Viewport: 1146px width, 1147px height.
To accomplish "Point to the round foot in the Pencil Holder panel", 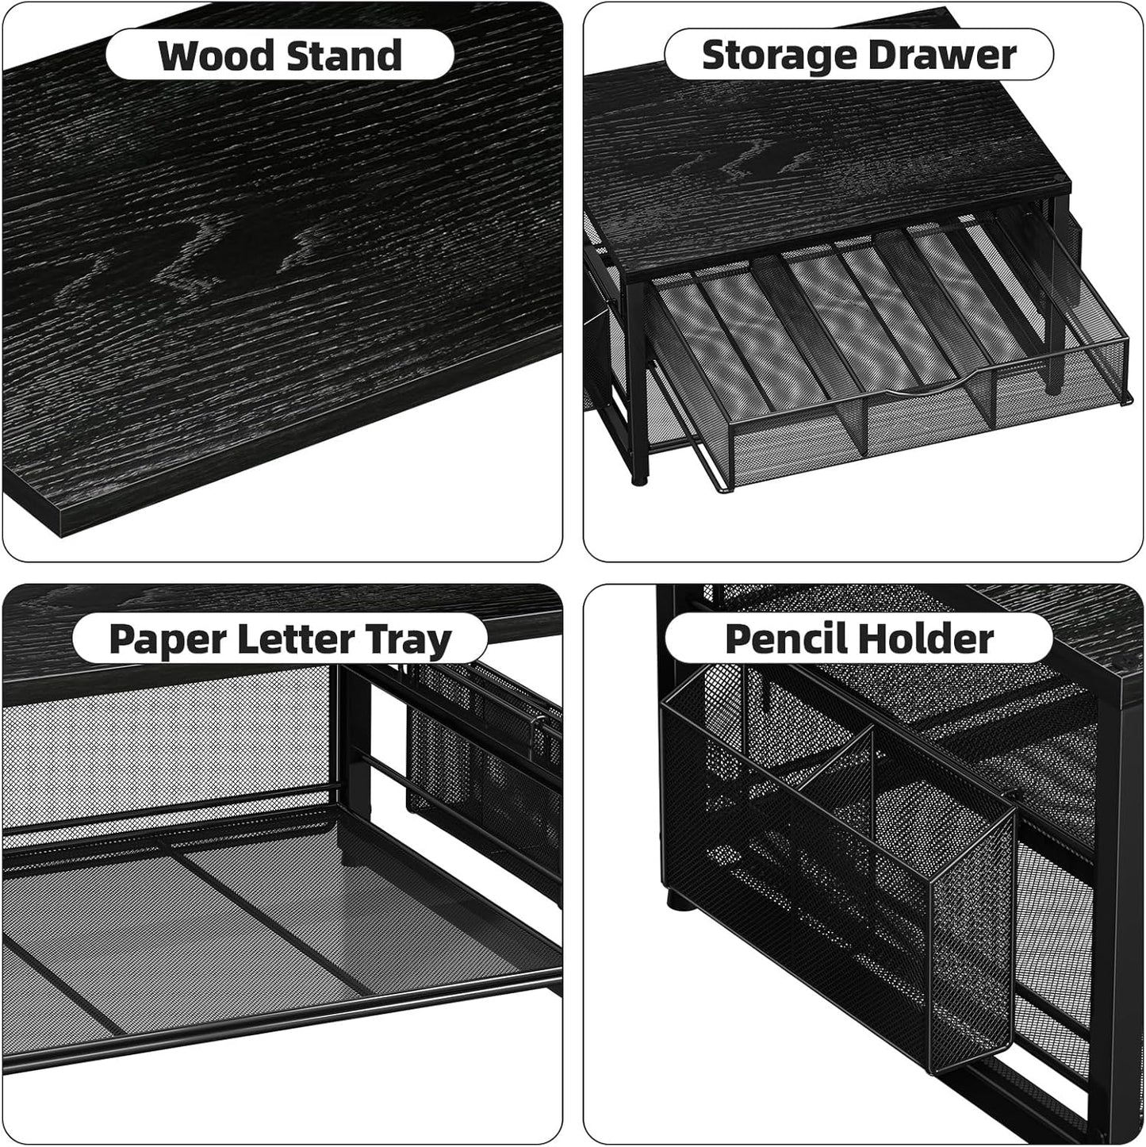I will coord(675,900).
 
